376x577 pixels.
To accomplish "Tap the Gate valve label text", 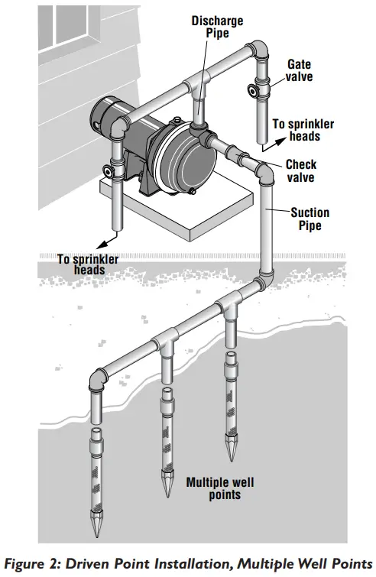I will click(299, 71).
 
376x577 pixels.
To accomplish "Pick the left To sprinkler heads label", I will click(89, 264).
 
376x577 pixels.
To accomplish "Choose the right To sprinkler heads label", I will click(300, 131).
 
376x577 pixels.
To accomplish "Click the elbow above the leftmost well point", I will click(98, 380).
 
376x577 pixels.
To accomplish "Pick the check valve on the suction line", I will click(243, 163).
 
